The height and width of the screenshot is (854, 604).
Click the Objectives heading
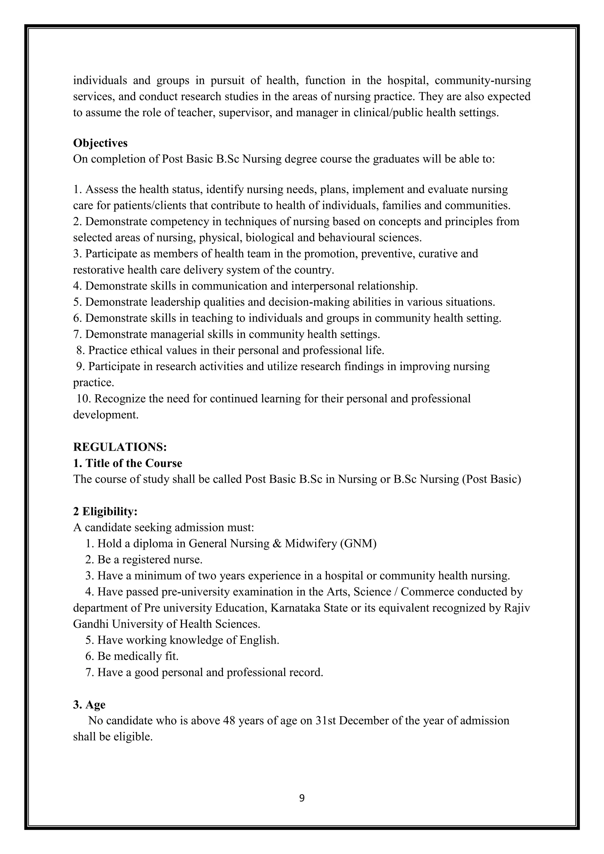100,143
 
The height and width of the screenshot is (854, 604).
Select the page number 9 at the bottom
302,799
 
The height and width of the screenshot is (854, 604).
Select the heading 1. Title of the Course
128,463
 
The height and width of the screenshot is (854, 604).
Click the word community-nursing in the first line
482,80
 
